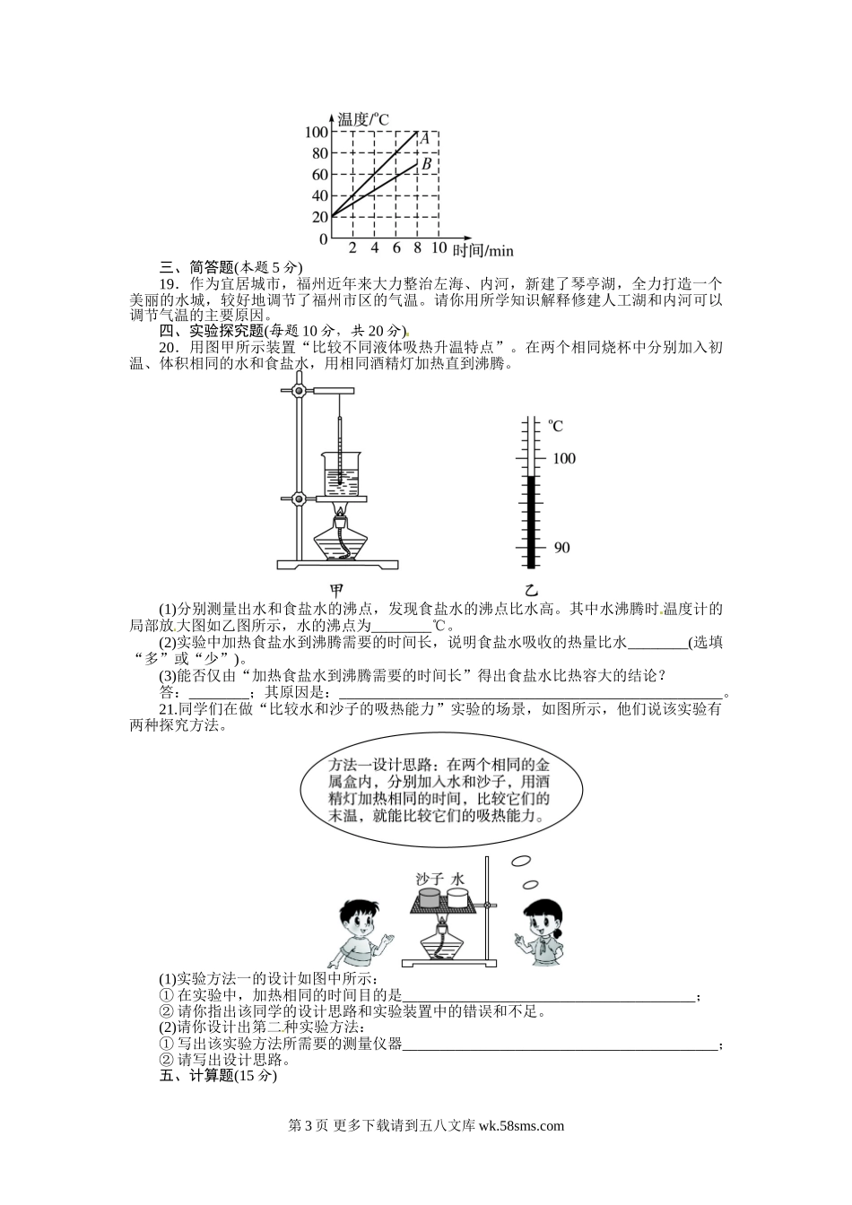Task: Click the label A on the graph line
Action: click(425, 139)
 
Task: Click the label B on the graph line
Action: click(427, 164)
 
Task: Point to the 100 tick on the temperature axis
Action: click(317, 132)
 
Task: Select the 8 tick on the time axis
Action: click(417, 248)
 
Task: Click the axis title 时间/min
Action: click(483, 250)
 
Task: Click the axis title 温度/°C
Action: click(361, 118)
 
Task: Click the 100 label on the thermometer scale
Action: click(563, 458)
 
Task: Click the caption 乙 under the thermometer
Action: click(531, 590)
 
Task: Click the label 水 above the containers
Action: click(459, 879)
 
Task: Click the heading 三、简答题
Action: click(196, 266)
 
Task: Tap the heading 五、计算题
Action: click(196, 1076)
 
